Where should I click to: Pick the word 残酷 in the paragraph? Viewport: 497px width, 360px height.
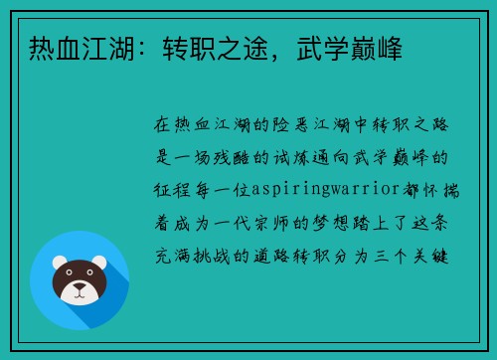pyautogui.click(x=251, y=159)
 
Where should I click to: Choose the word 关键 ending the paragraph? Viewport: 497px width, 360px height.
pyautogui.click(x=438, y=255)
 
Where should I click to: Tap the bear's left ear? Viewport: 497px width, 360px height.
pyautogui.click(x=58, y=266)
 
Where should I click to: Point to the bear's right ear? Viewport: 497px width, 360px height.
pyautogui.click(x=100, y=266)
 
